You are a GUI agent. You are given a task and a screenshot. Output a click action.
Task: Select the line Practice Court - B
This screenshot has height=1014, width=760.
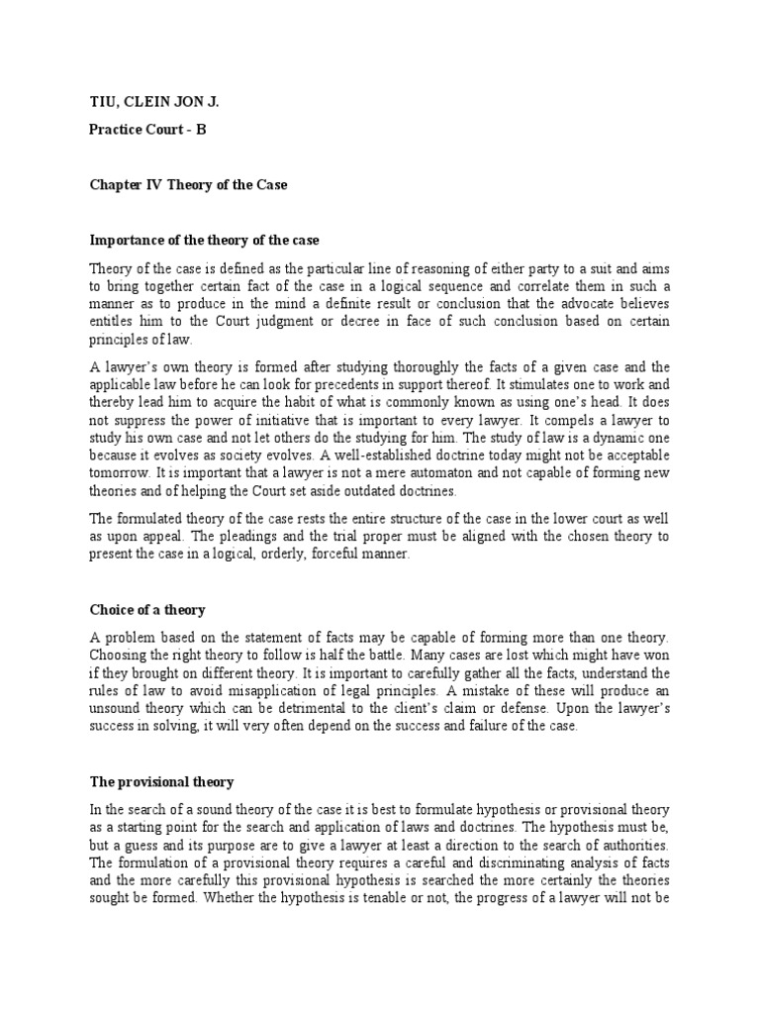(148, 129)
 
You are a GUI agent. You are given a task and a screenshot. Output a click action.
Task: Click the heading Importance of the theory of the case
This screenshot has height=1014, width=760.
(205, 240)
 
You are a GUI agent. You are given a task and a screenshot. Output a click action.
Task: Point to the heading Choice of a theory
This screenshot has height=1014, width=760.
(147, 610)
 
